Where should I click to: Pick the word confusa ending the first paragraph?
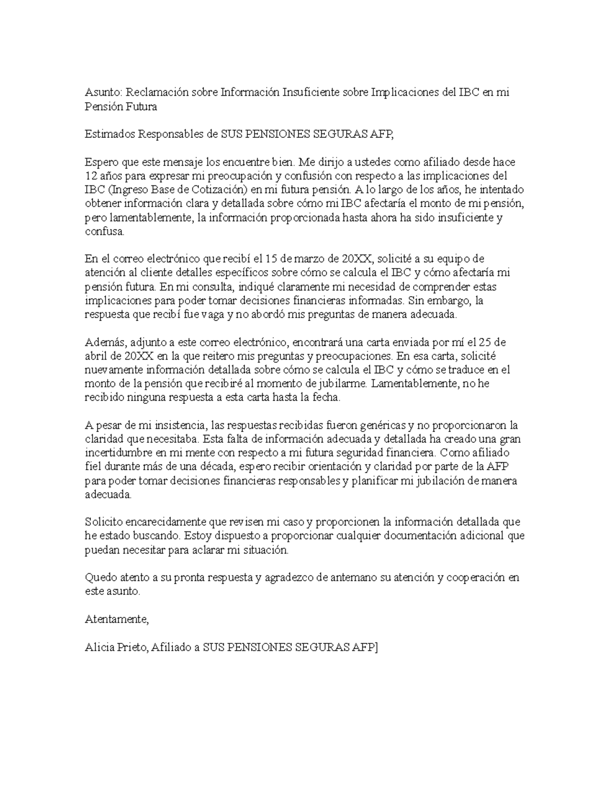pyautogui.click(x=104, y=232)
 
